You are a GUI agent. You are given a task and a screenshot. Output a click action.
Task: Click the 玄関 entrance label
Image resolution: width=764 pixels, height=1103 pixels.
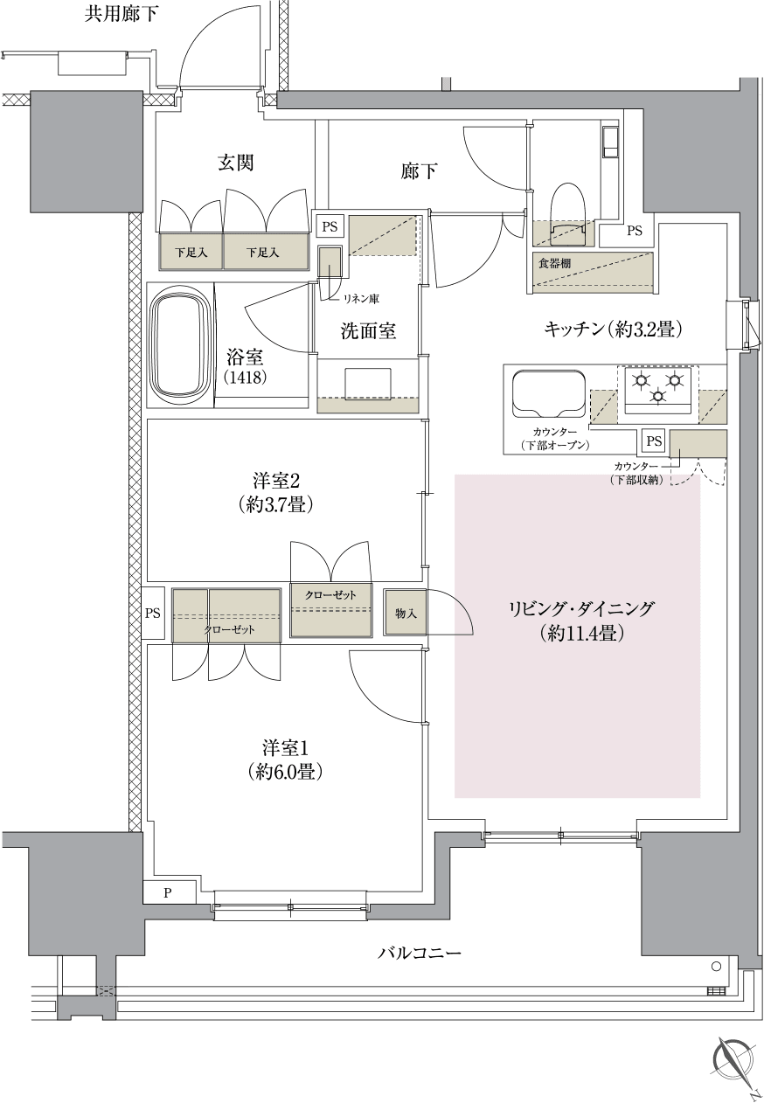click(x=235, y=163)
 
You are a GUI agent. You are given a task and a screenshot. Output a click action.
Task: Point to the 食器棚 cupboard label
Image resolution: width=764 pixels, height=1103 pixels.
click(x=554, y=262)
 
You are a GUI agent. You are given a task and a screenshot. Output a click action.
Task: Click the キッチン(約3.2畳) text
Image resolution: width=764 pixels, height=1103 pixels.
click(x=612, y=330)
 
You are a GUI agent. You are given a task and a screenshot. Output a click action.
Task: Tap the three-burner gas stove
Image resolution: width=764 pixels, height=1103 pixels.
click(x=656, y=388)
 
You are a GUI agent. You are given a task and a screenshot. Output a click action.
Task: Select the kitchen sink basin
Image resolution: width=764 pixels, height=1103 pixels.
click(x=548, y=394)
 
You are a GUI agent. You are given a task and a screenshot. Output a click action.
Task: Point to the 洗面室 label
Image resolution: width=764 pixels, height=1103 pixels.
click(x=367, y=331)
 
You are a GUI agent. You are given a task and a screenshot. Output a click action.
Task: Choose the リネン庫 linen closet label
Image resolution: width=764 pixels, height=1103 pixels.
click(x=359, y=299)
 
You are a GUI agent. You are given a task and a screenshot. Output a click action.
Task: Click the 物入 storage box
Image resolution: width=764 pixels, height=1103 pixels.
click(x=405, y=614)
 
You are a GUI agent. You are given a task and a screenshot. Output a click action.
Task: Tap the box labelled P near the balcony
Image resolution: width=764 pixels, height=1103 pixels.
click(x=166, y=893)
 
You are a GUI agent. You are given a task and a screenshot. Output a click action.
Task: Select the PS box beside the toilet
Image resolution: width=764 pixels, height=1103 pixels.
click(x=634, y=232)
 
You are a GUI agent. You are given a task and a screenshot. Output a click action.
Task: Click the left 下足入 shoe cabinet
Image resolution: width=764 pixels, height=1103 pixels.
click(x=191, y=253)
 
